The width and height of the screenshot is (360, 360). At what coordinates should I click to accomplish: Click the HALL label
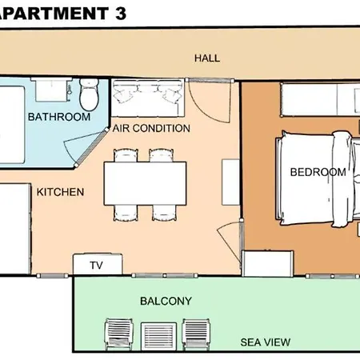207,58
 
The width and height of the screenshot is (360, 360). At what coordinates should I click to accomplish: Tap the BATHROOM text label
59,117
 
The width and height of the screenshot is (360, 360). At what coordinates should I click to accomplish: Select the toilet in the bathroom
89,94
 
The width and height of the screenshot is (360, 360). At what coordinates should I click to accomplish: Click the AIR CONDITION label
151,128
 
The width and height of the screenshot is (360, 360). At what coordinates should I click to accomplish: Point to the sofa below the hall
148,98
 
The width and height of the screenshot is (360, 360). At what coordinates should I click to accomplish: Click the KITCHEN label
60,192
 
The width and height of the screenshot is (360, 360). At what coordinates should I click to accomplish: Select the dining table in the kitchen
145,183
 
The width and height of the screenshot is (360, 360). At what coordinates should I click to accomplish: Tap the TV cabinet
98,264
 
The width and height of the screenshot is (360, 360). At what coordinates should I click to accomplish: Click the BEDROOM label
318,172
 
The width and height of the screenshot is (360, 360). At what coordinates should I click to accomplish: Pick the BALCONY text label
166,301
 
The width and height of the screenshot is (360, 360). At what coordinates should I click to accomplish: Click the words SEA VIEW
266,342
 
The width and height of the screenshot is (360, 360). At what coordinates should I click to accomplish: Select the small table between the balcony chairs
158,336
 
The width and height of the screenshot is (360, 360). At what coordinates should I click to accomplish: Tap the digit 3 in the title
121,14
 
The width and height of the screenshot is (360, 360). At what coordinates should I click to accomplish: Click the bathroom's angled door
91,147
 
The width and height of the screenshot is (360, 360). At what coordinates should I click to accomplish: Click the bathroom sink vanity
51,90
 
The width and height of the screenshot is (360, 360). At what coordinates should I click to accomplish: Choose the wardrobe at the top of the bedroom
320,99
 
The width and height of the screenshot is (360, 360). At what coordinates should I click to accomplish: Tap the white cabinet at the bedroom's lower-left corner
268,263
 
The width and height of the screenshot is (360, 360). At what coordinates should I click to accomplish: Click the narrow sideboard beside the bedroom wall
230,182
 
